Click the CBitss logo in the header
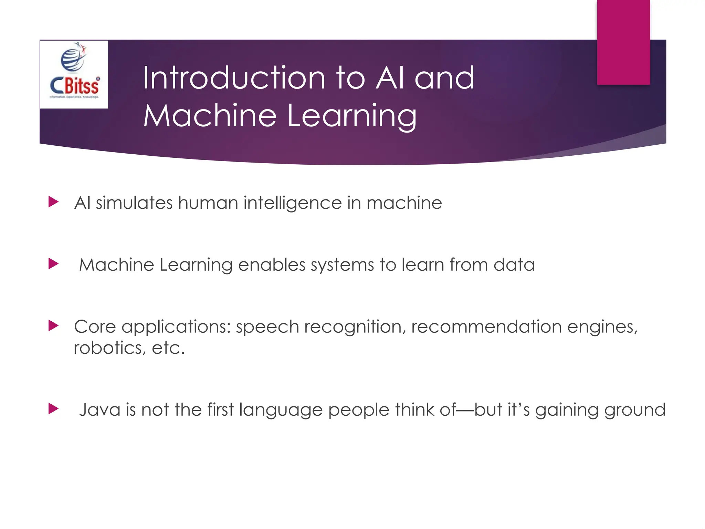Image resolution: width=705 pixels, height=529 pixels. (74, 74)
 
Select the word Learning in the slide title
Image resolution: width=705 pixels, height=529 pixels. (352, 116)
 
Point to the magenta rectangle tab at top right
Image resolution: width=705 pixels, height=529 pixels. (623, 42)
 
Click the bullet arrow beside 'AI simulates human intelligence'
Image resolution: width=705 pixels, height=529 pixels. (53, 202)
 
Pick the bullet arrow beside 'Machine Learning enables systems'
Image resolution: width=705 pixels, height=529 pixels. (53, 264)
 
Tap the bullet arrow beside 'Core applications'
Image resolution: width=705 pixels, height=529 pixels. (53, 325)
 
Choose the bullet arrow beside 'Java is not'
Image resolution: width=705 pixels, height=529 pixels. (53, 409)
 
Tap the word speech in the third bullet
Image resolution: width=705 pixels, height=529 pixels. (267, 327)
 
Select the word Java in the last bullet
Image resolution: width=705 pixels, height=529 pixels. (99, 410)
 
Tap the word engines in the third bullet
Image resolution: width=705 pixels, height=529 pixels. (602, 327)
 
